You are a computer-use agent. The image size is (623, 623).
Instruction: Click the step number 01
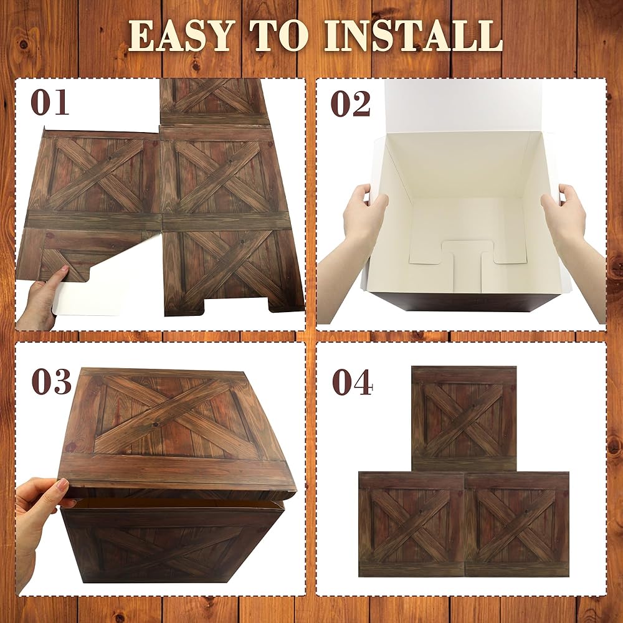click(x=49, y=103)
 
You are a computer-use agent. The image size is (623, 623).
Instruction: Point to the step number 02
click(x=350, y=103)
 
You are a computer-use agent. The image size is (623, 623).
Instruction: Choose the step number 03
click(x=51, y=381)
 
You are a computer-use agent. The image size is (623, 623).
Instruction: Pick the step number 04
click(x=352, y=383)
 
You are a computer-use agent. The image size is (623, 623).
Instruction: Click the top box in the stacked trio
click(x=464, y=419)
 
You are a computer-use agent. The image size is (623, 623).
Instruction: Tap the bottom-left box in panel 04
click(x=411, y=525)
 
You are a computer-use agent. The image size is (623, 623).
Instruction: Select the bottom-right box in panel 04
click(x=516, y=525)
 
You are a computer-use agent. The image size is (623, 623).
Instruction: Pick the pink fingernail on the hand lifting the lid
click(x=63, y=483)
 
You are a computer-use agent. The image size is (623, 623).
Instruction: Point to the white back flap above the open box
click(x=463, y=107)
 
